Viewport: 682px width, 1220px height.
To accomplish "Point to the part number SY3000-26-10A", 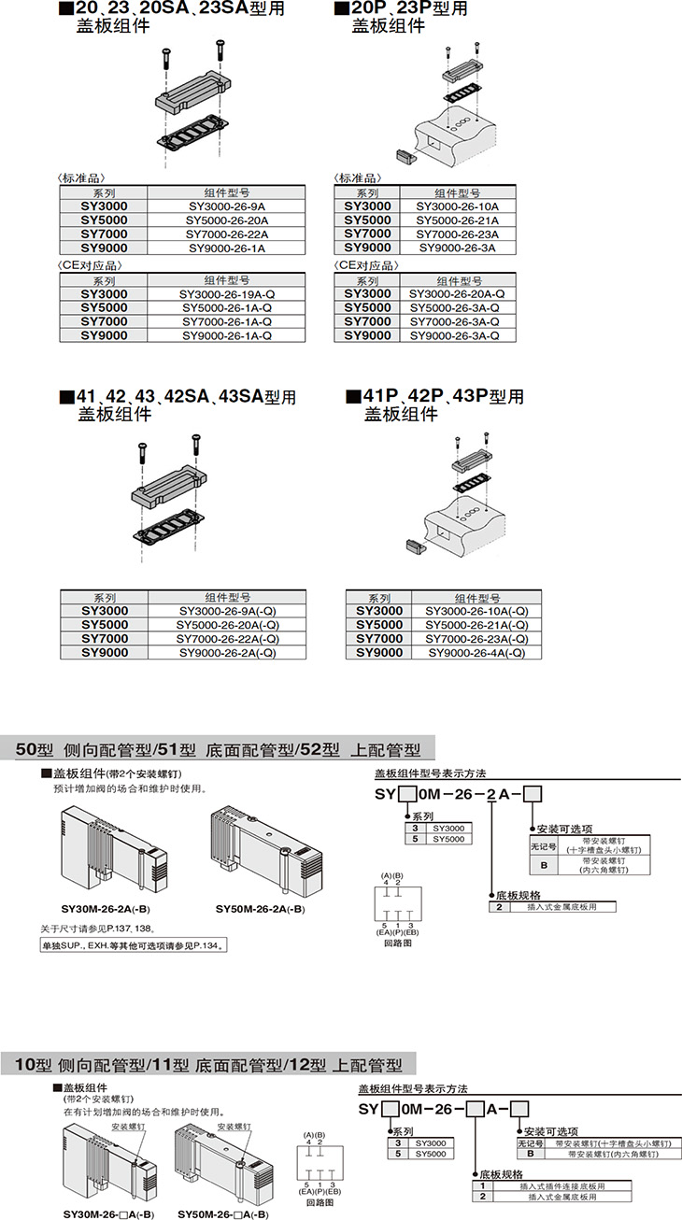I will click(457, 206).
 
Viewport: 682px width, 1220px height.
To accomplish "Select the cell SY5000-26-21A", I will click(457, 220).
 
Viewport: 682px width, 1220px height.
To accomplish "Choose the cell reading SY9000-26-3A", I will click(457, 248).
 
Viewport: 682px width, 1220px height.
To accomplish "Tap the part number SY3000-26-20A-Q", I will click(457, 293).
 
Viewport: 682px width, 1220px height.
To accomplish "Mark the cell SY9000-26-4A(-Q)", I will click(477, 653).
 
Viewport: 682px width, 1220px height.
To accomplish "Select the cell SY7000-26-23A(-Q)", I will click(477, 639).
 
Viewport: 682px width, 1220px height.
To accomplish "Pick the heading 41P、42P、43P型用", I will click(435, 397).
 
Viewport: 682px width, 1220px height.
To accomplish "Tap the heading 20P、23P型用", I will click(403, 9).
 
